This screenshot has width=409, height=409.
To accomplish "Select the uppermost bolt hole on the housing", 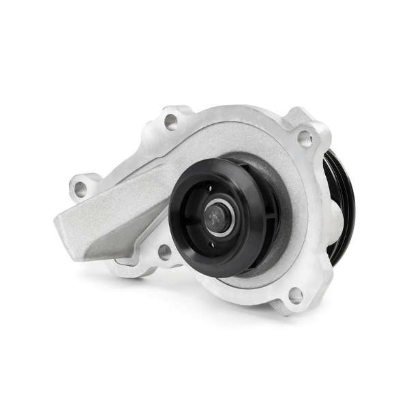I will [171, 123].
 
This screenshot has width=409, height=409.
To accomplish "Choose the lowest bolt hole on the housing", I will [295, 295].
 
